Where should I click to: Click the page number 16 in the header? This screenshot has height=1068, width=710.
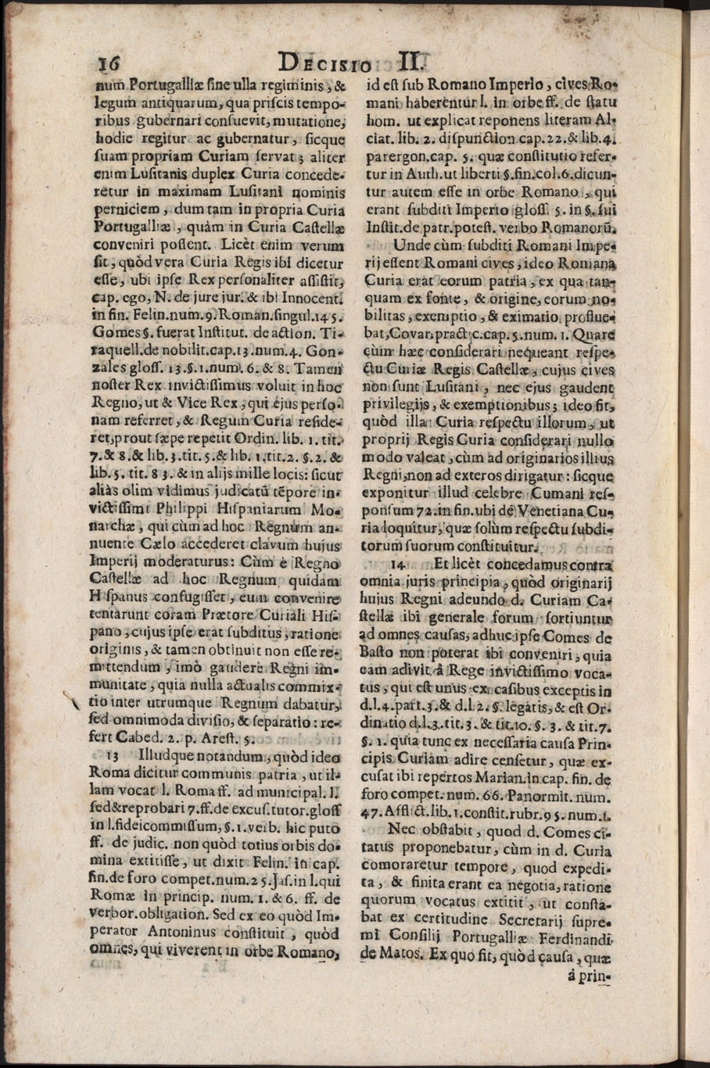(106, 64)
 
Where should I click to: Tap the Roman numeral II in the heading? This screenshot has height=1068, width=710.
(411, 62)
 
